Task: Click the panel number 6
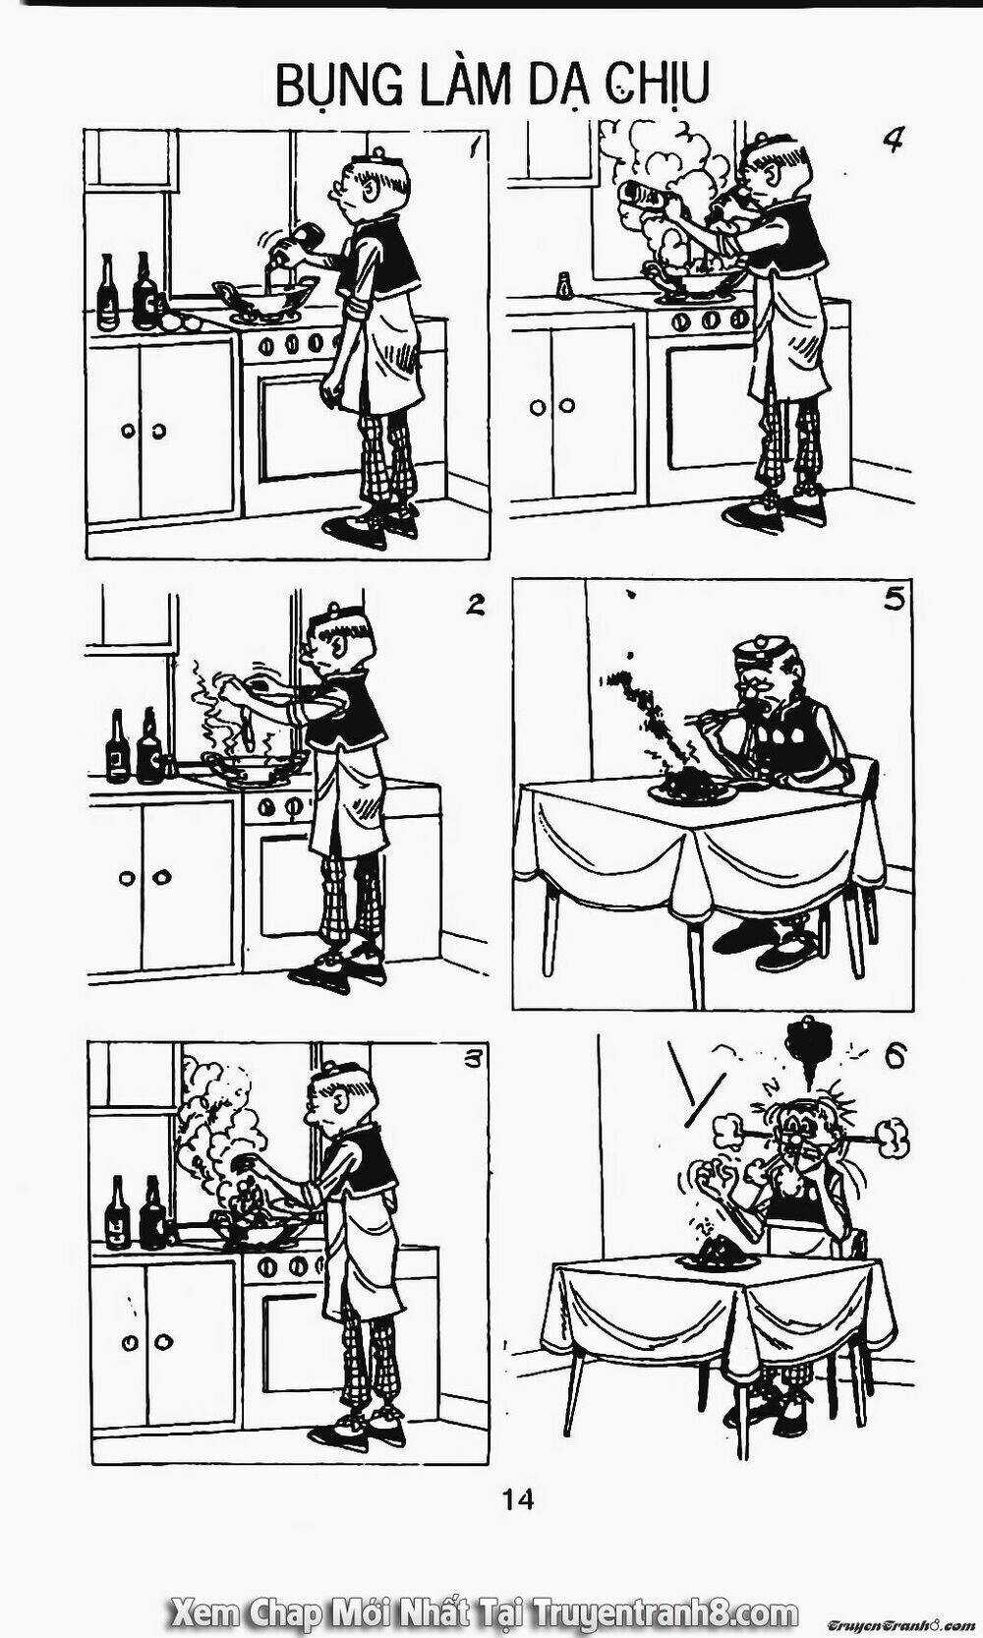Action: pos(896,1056)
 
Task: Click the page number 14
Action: pos(517,1499)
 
